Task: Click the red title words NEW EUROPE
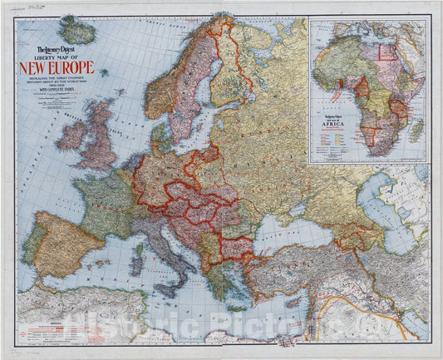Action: click(62, 67)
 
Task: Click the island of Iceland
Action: click(77, 31)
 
